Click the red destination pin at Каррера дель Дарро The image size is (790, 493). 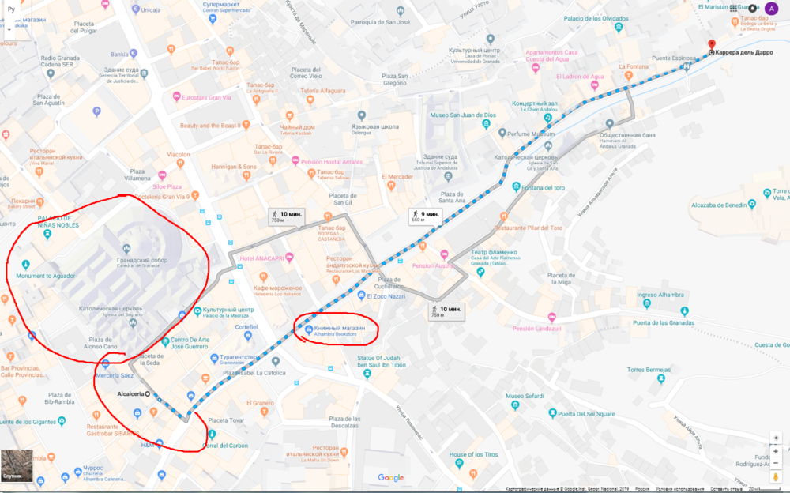point(711,45)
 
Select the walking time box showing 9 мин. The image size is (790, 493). point(424,215)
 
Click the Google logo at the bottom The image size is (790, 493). point(390,477)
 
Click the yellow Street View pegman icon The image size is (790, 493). point(776,476)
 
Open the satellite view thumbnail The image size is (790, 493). point(17,466)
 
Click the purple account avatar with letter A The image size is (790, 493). point(771,8)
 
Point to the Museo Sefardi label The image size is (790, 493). point(525,395)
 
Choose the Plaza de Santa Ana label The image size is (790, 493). point(451,197)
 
